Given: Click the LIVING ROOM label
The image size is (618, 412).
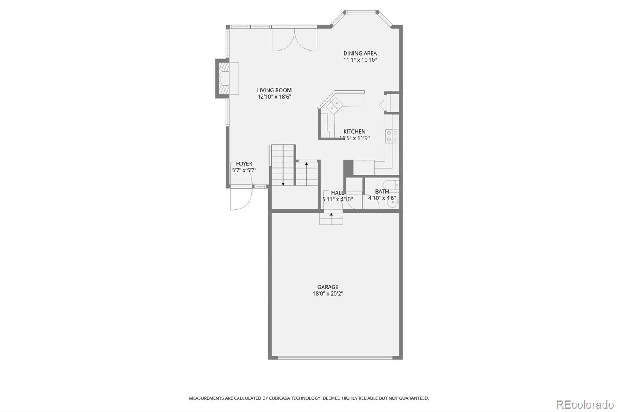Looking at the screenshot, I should click(x=274, y=90).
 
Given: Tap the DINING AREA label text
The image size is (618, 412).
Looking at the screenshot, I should click(x=360, y=53).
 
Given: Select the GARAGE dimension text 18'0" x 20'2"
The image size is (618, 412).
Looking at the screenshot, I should click(x=328, y=294).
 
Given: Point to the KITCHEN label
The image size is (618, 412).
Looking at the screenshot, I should click(x=354, y=131).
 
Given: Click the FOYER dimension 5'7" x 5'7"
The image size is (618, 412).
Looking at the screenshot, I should click(x=244, y=170).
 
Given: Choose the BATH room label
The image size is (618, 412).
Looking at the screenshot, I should click(x=382, y=191).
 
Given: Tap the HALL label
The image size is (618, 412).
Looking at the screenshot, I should click(x=337, y=192).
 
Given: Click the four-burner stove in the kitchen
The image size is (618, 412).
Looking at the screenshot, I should click(x=392, y=136).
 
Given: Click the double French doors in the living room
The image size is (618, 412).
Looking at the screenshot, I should click(x=295, y=40).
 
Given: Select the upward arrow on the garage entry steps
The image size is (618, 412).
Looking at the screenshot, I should click(x=331, y=214).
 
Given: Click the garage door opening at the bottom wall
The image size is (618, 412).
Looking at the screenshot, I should click(x=335, y=358).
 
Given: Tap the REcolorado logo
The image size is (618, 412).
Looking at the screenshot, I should click(x=584, y=405).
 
